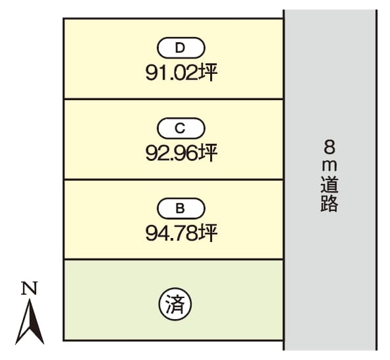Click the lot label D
(181, 47)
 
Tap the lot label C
(181, 128)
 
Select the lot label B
(181, 208)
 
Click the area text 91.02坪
(181, 73)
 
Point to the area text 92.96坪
(181, 153)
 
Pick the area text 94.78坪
(181, 233)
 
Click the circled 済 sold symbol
(175, 305)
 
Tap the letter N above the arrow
(30, 288)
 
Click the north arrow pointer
(30, 321)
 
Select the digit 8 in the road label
(329, 146)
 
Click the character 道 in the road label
(329, 185)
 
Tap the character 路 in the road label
(329, 203)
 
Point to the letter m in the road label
(329, 165)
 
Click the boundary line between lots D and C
(174, 99)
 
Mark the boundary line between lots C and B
(174, 179)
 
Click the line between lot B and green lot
(174, 259)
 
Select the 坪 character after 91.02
(208, 73)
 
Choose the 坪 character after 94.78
(208, 233)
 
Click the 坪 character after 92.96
(208, 153)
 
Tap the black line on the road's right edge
(376, 180)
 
